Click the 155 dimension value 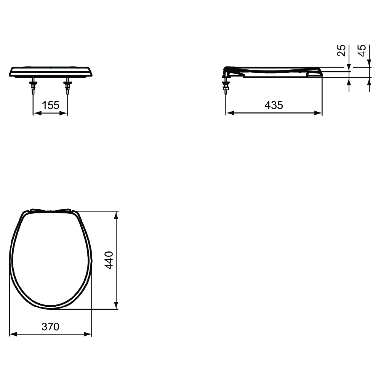(51, 105)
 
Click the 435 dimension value (274, 105)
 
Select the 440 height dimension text (109, 260)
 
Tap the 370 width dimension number (51, 327)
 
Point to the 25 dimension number (342, 50)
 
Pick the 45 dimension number (362, 50)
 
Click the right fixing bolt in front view (68, 87)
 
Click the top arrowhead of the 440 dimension (116, 214)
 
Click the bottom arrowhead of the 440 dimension (116, 306)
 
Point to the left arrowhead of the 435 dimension (229, 113)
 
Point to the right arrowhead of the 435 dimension (319, 113)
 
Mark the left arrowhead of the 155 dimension (37, 113)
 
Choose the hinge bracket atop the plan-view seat (51, 210)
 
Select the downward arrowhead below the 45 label (369, 64)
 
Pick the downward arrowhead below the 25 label (349, 67)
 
